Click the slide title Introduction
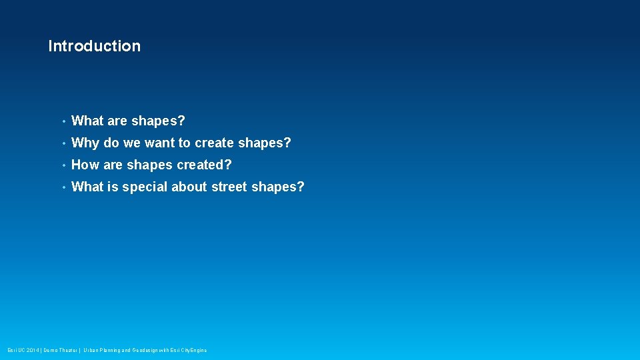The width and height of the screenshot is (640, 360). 94,46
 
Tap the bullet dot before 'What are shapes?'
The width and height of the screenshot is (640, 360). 63,122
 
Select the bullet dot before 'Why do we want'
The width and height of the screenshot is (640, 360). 63,144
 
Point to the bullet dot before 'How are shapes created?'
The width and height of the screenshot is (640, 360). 63,166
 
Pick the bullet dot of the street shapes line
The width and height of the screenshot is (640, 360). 63,188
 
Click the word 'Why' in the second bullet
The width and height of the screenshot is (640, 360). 85,143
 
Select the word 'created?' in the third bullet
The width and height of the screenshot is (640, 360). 204,165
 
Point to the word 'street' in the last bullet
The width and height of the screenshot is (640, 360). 229,187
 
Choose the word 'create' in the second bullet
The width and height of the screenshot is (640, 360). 214,143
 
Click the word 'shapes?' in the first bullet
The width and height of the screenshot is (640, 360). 158,121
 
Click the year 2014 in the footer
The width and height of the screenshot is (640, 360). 33,350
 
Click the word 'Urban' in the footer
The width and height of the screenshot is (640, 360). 91,350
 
